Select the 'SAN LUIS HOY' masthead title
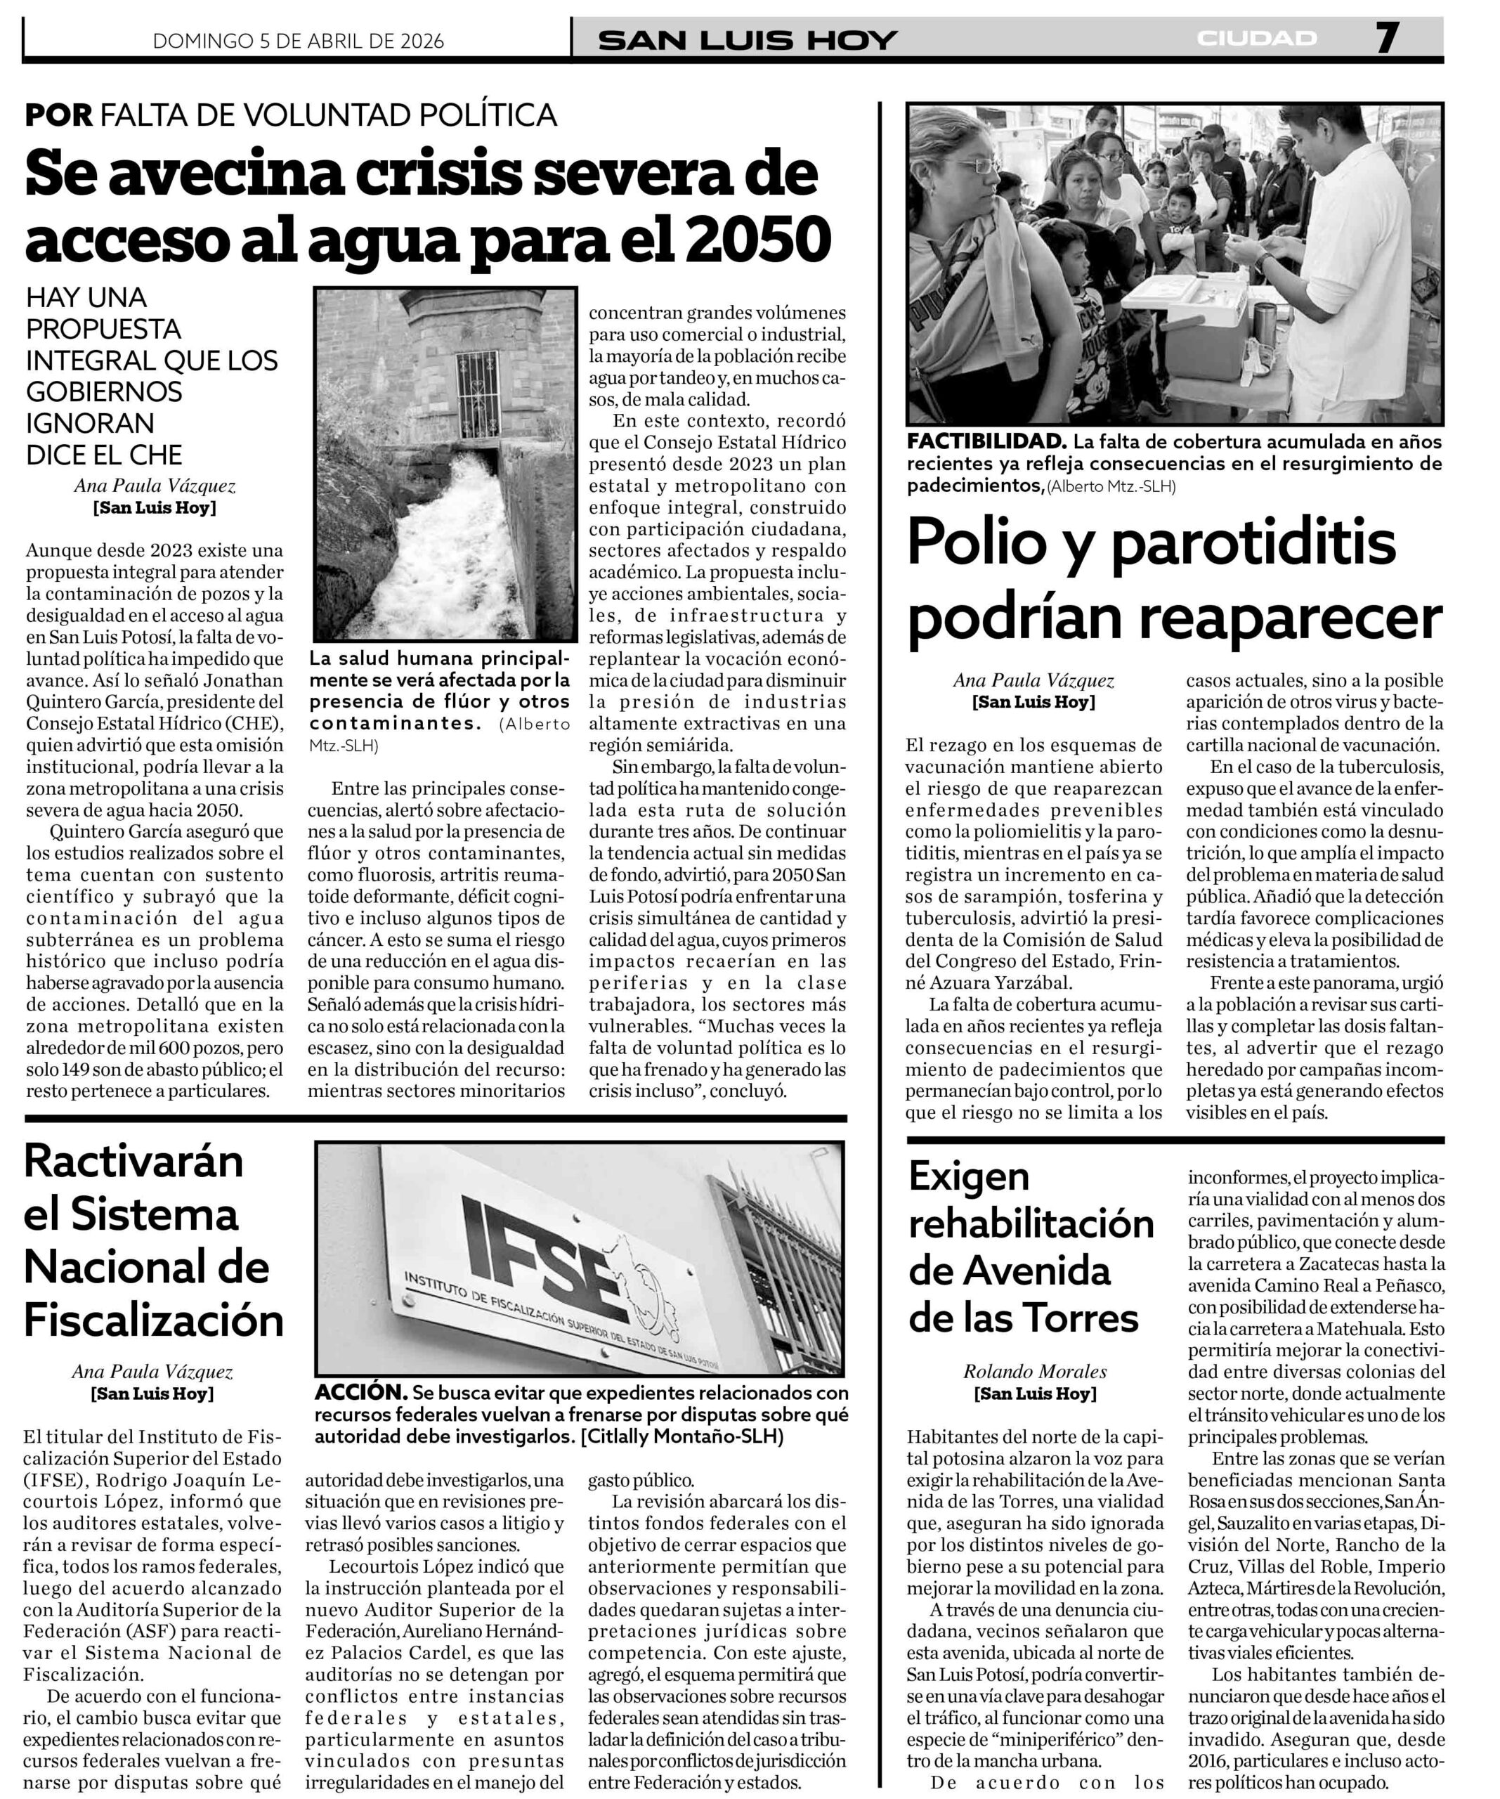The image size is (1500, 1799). click(x=748, y=40)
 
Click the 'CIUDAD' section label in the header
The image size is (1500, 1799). click(x=1257, y=39)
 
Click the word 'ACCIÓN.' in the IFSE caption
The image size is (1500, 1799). click(x=360, y=1392)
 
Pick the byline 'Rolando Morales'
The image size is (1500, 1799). click(x=1035, y=1372)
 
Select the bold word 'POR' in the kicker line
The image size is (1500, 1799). click(x=58, y=115)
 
